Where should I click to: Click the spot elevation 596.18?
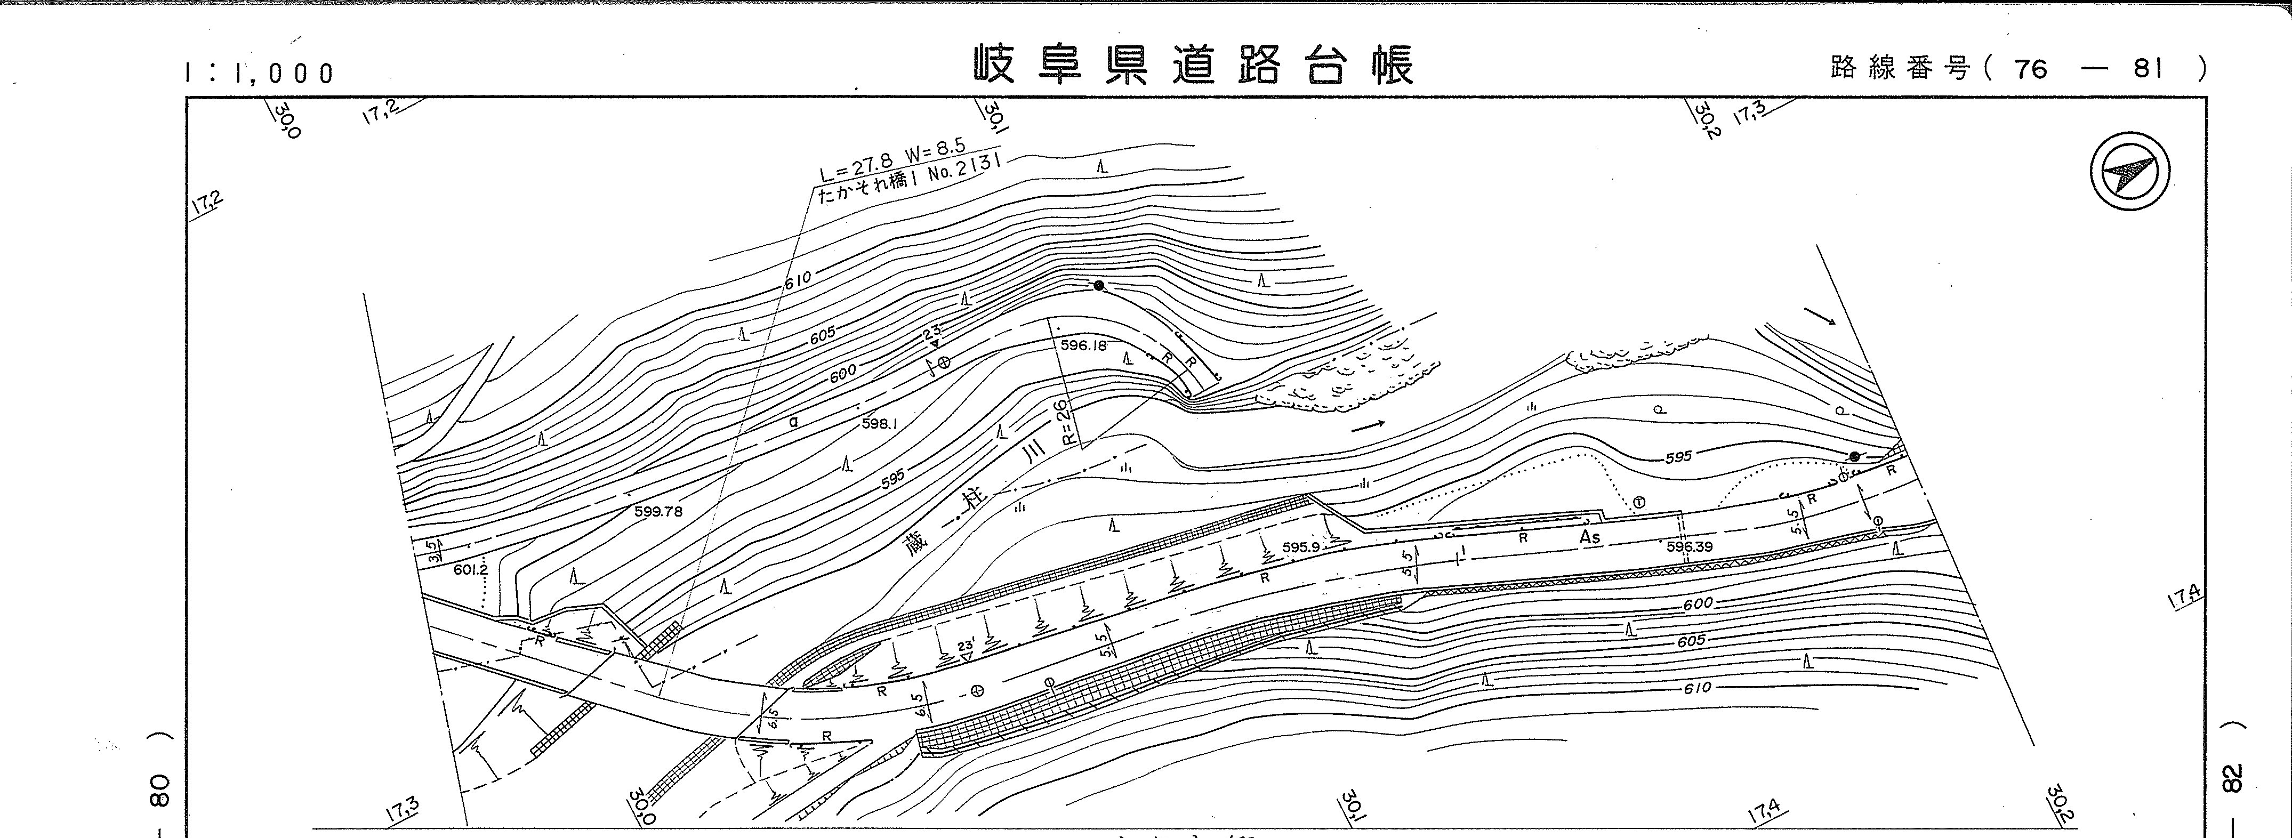1083,345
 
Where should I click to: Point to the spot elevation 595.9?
1301,547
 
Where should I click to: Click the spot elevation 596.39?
1690,546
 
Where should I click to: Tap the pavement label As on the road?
1589,537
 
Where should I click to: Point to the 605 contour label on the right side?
1691,641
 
